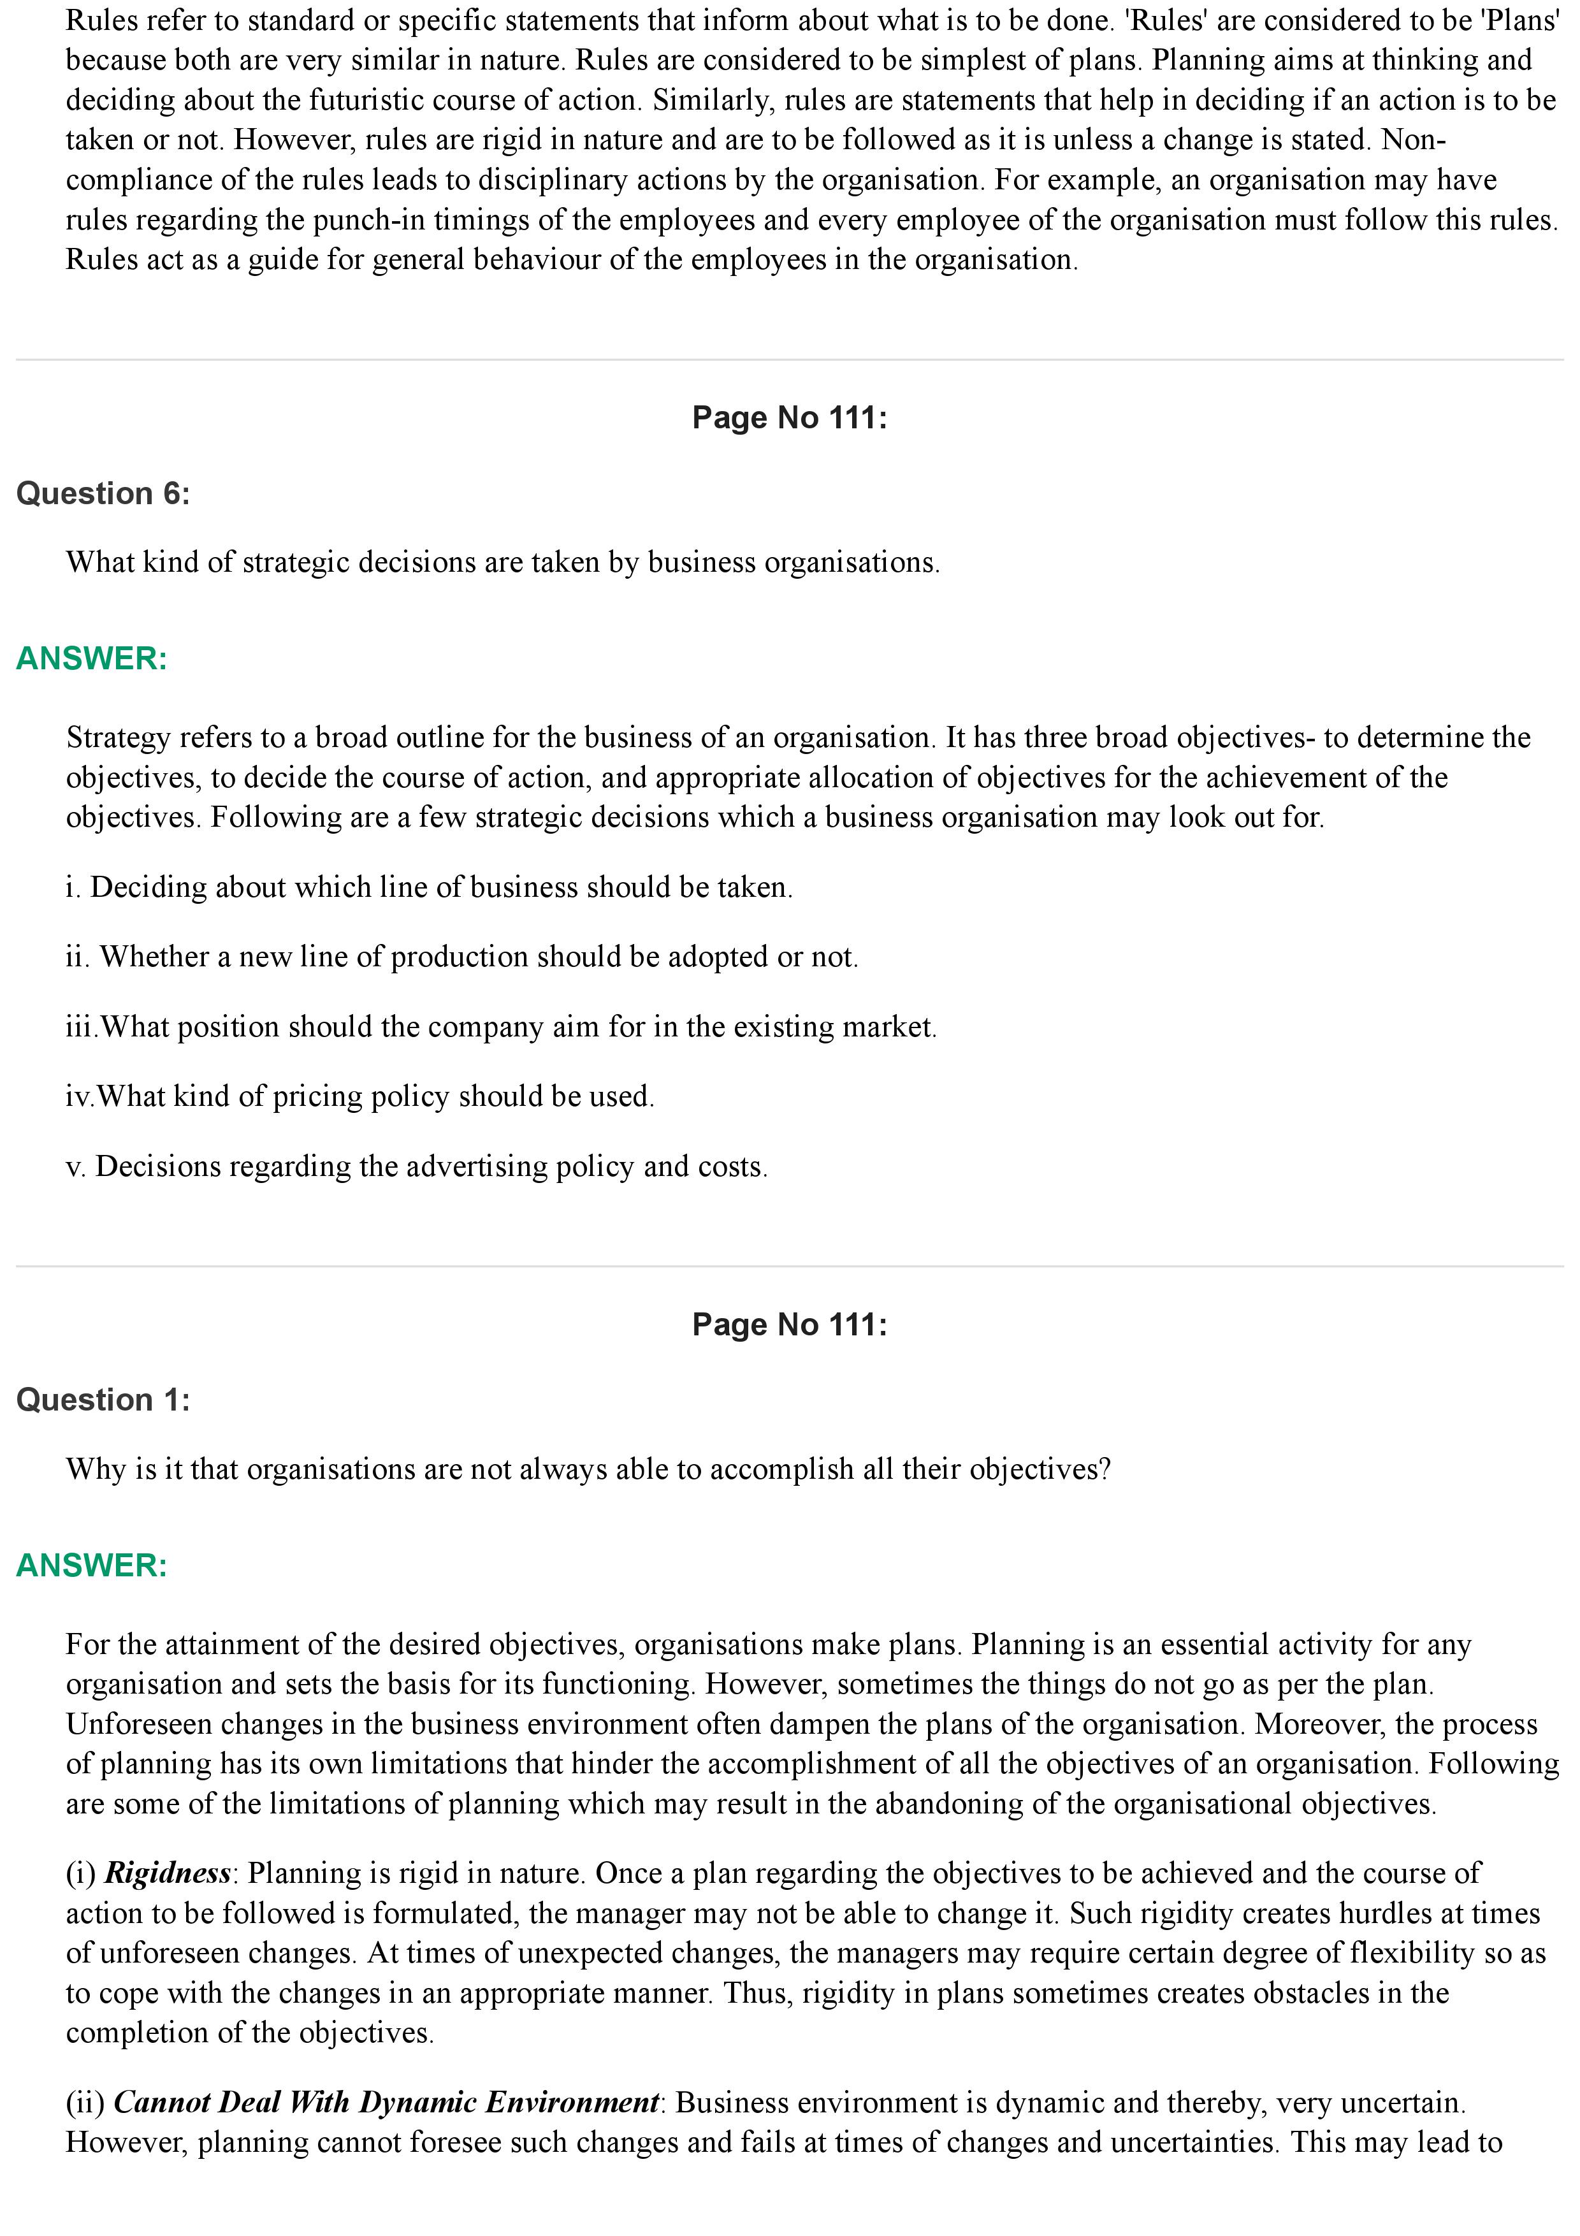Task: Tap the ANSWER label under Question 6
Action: coord(92,658)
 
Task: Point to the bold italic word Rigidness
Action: coord(168,1873)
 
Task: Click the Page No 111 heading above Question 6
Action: coord(790,417)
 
